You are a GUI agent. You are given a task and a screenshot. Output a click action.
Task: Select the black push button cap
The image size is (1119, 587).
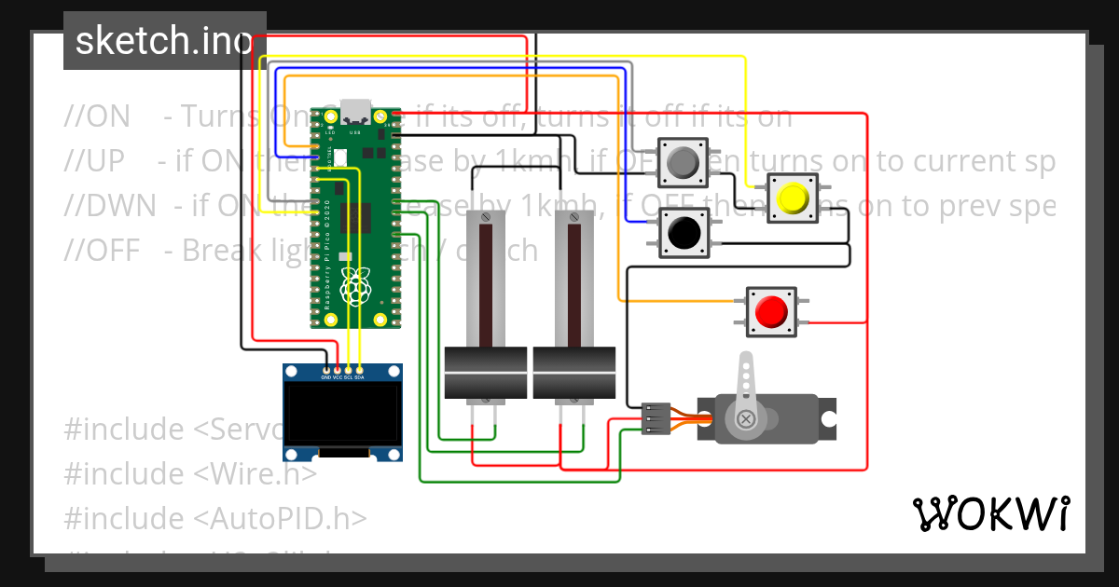685,231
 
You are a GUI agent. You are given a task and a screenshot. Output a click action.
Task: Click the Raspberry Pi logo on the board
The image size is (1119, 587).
355,287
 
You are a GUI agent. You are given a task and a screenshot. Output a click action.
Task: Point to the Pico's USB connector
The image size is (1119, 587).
355,112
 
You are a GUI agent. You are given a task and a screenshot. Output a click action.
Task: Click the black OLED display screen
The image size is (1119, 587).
342,415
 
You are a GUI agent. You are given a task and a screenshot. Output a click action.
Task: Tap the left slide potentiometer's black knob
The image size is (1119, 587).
486,374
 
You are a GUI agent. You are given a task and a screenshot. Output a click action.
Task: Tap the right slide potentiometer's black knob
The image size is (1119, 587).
573,374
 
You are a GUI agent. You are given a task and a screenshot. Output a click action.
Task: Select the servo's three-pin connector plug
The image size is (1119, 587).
656,419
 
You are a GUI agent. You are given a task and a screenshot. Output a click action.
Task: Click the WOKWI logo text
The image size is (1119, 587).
990,513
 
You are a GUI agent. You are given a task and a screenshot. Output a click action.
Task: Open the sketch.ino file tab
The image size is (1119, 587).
164,41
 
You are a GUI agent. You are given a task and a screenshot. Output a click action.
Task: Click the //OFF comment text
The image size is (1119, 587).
102,251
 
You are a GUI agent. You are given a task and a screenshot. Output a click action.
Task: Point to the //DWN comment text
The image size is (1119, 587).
110,206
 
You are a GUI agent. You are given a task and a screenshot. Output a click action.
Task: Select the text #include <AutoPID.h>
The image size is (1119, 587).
215,518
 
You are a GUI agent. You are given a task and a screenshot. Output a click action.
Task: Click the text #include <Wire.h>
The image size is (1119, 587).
190,474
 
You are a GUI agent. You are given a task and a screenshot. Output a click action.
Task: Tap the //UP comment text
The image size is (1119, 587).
94,161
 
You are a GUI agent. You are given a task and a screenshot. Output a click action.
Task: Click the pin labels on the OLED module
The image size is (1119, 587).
342,377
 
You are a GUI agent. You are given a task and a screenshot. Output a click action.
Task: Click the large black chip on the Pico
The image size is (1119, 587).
355,217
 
